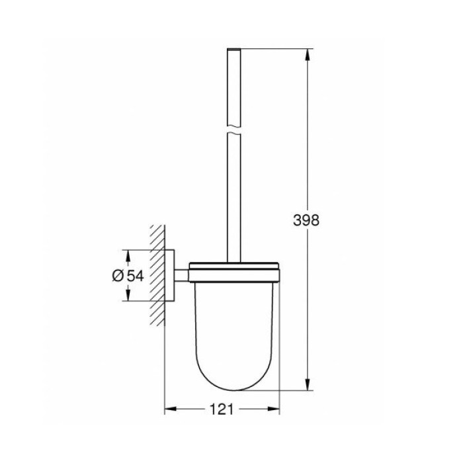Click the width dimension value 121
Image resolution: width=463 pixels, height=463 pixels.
(222, 410)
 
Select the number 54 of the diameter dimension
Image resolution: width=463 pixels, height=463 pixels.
(135, 276)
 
